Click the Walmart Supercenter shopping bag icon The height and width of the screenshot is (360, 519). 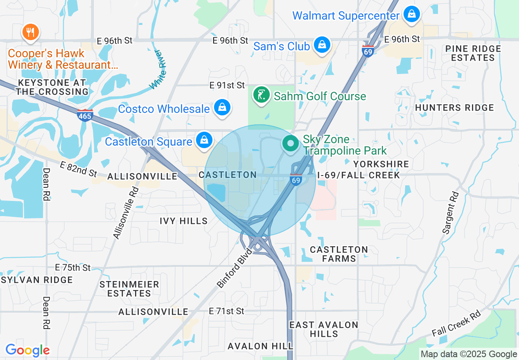pyautogui.click(x=411, y=14)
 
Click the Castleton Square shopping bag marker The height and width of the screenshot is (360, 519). pyautogui.click(x=203, y=140)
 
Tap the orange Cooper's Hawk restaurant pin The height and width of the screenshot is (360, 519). pyautogui.click(x=30, y=32)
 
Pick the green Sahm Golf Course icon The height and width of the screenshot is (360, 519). pyautogui.click(x=261, y=95)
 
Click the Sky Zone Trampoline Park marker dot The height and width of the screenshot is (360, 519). pyautogui.click(x=291, y=144)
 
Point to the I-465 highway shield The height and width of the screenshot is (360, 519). pyautogui.click(x=85, y=115)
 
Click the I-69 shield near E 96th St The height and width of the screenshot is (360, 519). pyautogui.click(x=368, y=51)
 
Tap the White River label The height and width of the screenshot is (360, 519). pyautogui.click(x=158, y=70)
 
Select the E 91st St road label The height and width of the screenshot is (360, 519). pyautogui.click(x=227, y=85)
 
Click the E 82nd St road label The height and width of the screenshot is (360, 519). pyautogui.click(x=78, y=169)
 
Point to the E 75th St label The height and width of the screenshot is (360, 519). pyautogui.click(x=72, y=268)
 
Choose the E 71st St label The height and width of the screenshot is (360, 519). pyautogui.click(x=226, y=311)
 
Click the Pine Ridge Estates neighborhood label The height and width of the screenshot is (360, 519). pyautogui.click(x=473, y=53)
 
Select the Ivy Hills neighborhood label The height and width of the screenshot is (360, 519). pyautogui.click(x=184, y=221)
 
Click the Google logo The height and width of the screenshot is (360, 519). pyautogui.click(x=27, y=350)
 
